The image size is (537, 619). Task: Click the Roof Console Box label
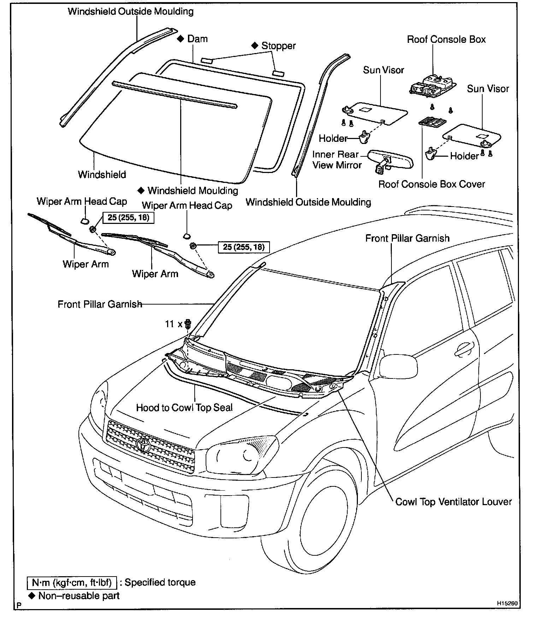[x=446, y=39]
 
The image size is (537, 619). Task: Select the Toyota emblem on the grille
[x=143, y=444]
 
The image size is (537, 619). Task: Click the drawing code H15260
[x=507, y=603]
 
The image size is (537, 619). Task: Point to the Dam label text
[x=197, y=39]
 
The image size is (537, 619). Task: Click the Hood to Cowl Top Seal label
[x=184, y=407]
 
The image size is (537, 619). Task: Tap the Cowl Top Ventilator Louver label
[x=453, y=502]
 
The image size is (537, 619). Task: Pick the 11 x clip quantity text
[x=173, y=324]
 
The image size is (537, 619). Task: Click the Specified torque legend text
[x=160, y=582]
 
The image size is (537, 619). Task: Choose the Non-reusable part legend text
[x=79, y=596]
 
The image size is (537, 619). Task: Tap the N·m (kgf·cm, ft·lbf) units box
[x=72, y=582]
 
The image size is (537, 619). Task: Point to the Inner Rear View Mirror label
[x=337, y=160]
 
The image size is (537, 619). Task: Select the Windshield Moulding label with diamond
[x=188, y=191]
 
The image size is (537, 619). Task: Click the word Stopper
[x=278, y=46]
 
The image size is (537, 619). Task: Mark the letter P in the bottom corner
[x=19, y=605]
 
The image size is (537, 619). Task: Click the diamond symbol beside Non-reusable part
[x=32, y=596]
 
